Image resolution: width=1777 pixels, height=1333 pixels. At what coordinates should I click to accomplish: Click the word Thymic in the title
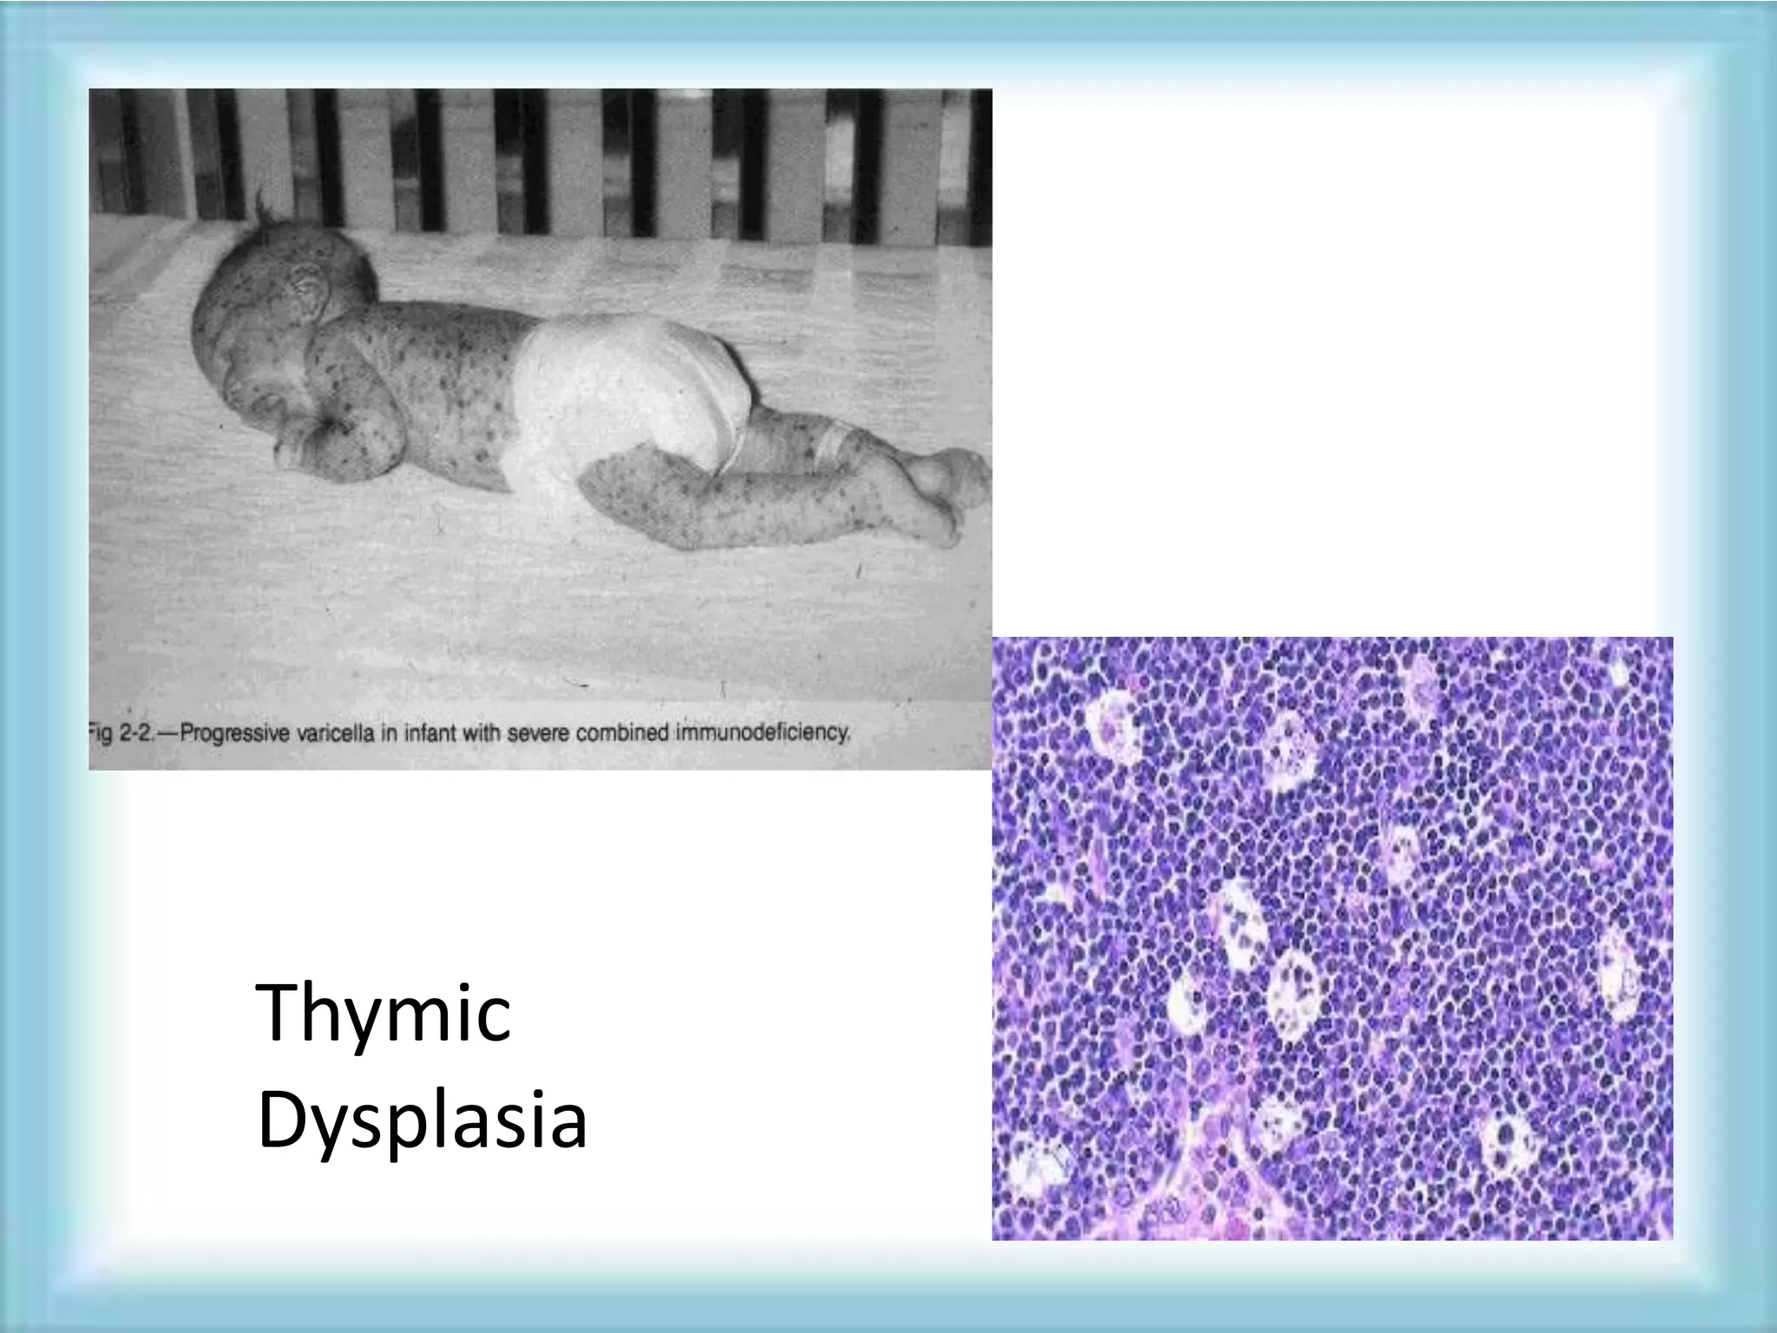tap(384, 1015)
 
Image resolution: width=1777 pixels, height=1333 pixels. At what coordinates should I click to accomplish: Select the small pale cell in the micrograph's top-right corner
tap(1619, 674)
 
